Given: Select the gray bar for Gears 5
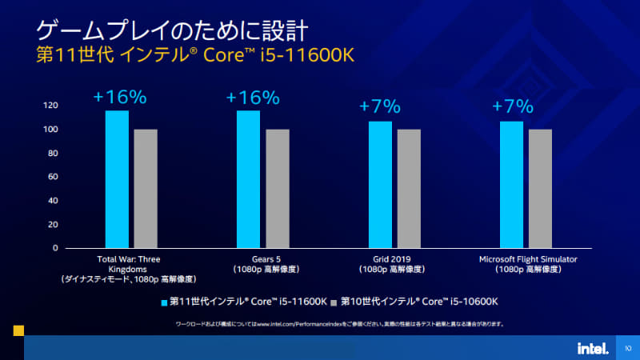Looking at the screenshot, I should coord(277,188).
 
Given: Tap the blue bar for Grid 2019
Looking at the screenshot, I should coord(380,184).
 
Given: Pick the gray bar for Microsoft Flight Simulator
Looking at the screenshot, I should coord(540,188).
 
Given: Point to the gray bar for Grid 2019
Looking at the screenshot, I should coord(409,188).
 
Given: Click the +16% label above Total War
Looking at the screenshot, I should coord(120,98).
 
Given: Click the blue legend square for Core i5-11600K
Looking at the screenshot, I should coord(165,302).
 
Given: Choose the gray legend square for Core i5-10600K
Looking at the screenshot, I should coord(334,302).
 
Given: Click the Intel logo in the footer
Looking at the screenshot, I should coord(592,348).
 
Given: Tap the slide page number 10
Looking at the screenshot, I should coord(628,348).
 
